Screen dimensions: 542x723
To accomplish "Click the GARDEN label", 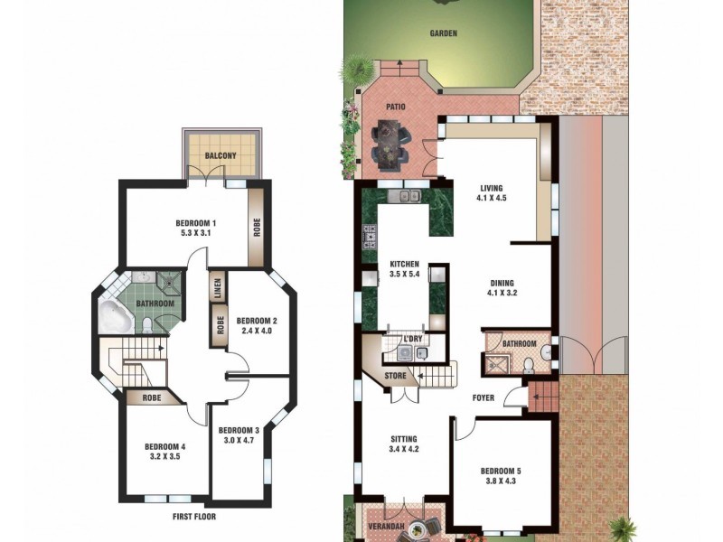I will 444,33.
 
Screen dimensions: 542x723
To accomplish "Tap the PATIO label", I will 396,107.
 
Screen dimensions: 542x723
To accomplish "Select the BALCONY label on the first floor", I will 221,156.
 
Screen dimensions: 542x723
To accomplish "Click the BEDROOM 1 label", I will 196,223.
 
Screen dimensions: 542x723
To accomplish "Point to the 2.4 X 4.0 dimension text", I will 257,332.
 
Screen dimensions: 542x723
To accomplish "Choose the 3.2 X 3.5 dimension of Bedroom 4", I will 164,457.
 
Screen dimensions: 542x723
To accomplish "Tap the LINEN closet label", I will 217,289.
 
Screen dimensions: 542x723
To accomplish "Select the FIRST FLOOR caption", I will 194,517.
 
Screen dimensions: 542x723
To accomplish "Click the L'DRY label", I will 413,339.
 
